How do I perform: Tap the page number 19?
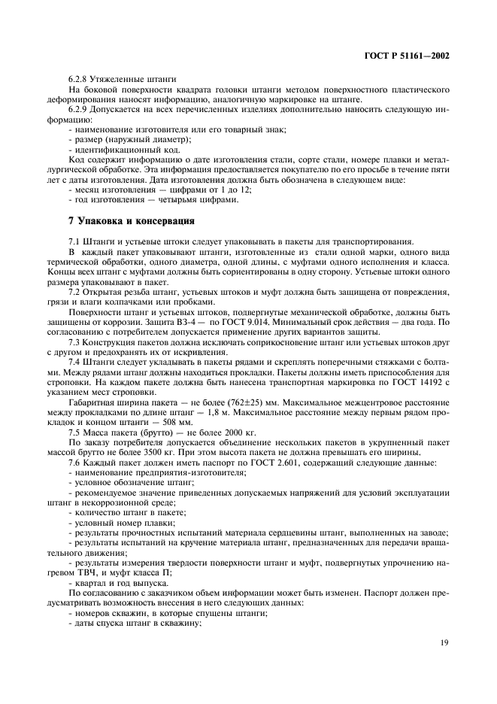point(444,642)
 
